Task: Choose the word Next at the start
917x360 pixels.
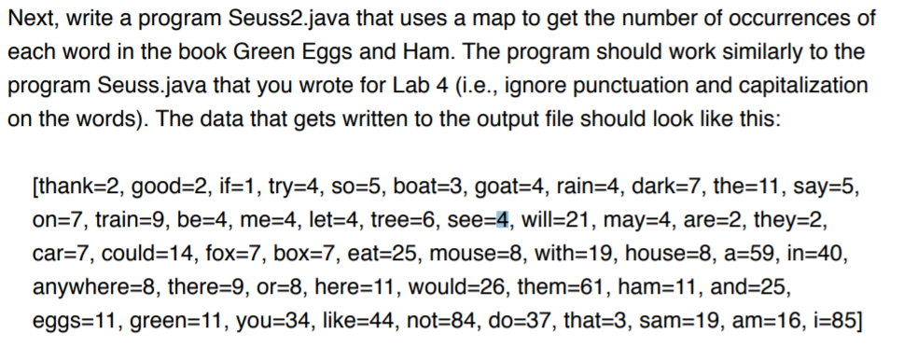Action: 28,19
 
